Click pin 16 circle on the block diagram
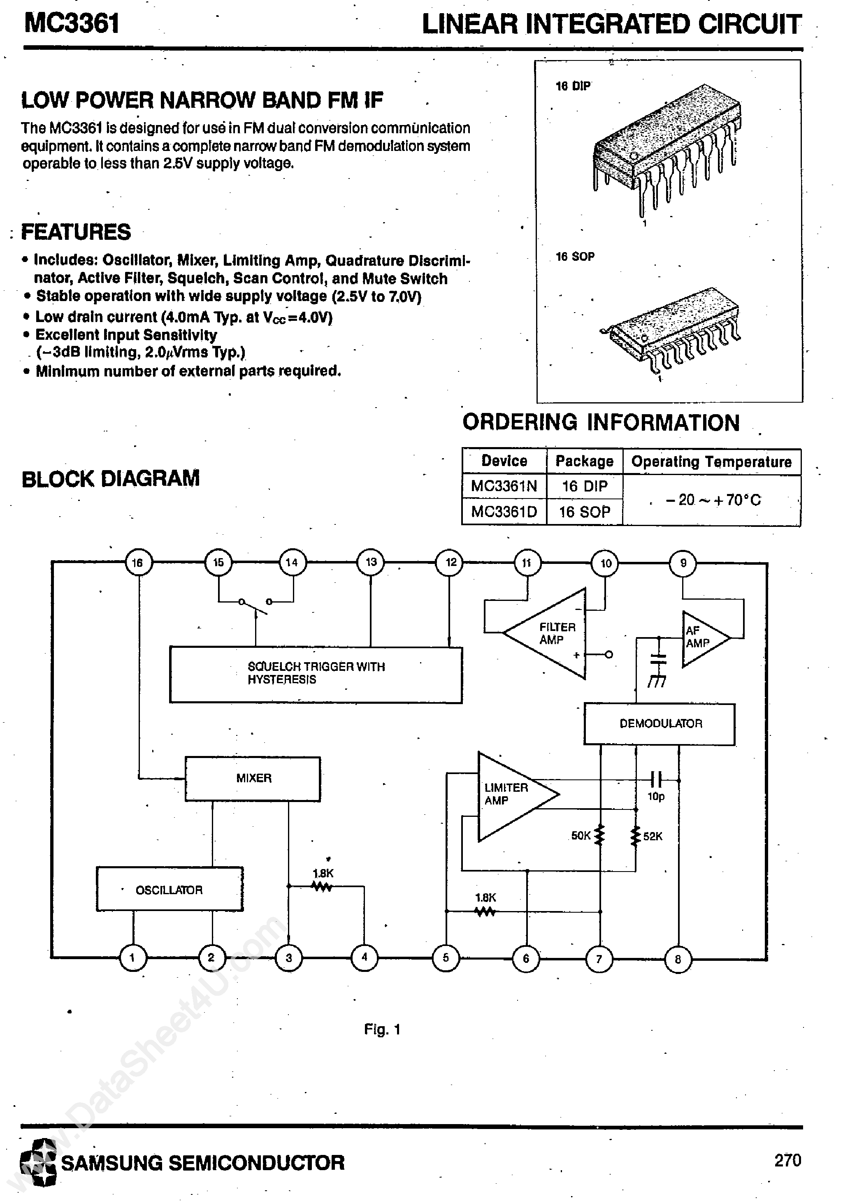[138, 563]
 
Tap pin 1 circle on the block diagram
[132, 958]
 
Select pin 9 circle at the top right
[683, 563]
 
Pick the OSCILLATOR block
[169, 890]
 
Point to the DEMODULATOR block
[660, 723]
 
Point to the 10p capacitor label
[656, 797]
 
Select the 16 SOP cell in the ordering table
[585, 512]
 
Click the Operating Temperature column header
[711, 461]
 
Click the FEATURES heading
[76, 232]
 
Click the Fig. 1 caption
[382, 1029]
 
